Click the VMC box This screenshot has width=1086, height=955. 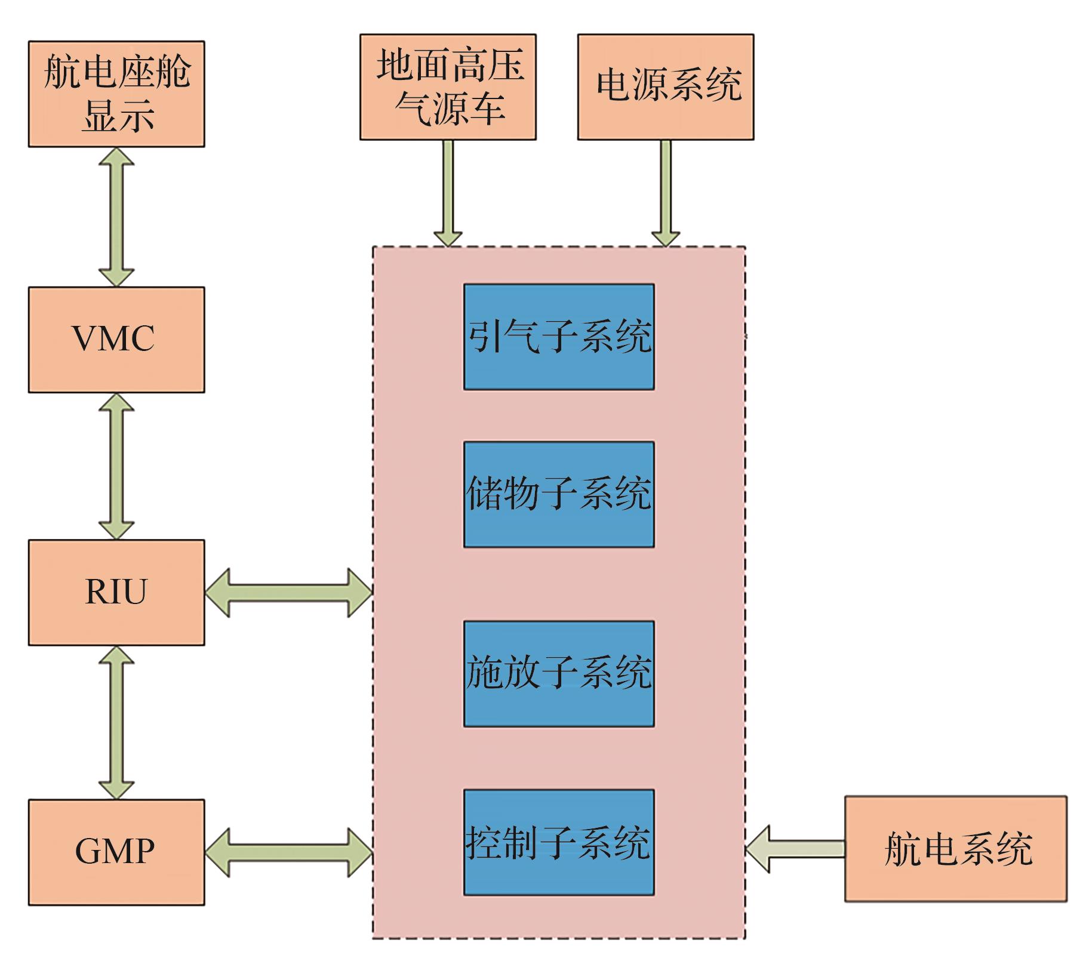(116, 340)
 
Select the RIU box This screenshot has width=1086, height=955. (116, 592)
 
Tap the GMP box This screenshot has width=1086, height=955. (116, 852)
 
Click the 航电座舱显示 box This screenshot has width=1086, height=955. (116, 94)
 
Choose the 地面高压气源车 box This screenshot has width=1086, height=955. (448, 87)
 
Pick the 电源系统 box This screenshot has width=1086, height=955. (665, 87)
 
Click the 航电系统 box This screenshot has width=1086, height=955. (955, 848)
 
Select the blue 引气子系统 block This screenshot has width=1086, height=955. (559, 337)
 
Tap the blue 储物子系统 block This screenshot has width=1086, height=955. (559, 494)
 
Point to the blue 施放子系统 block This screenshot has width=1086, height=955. (559, 674)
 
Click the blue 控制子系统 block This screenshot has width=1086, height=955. (559, 842)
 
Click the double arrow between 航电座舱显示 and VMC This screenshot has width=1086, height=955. (116, 217)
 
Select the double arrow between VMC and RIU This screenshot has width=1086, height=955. (116, 466)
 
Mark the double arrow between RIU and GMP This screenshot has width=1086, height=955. (116, 722)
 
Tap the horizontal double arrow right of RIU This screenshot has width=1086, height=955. (289, 592)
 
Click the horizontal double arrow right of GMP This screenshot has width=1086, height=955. (289, 852)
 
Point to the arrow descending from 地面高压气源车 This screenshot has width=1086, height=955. (448, 192)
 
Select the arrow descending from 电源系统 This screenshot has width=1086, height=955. (665, 192)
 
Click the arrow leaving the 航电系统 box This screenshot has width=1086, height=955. (795, 848)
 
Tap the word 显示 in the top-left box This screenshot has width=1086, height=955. (119, 116)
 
